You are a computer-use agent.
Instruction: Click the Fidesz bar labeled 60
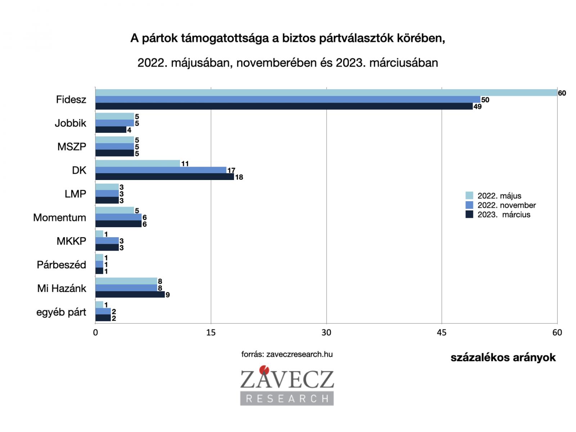326,93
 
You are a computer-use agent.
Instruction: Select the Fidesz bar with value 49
284,106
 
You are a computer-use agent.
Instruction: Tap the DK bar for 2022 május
138,163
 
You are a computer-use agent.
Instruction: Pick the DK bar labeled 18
165,177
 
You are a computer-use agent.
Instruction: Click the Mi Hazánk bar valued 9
130,294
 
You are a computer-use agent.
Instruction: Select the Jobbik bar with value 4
111,130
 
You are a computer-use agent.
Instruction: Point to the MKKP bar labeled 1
99,234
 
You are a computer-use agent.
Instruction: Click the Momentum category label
60,218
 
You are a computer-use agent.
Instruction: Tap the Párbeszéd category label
62,265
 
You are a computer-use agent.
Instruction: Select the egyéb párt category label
61,312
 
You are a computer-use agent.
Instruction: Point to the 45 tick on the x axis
441,333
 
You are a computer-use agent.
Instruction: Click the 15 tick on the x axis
211,333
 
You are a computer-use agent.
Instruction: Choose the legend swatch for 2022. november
469,205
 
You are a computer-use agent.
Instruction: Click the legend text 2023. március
504,215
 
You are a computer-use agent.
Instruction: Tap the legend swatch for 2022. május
469,196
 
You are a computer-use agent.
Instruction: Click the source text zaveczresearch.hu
287,354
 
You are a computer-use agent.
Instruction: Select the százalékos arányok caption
503,357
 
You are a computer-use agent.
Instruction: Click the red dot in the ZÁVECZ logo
265,369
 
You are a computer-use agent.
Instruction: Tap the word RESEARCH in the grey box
287,398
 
